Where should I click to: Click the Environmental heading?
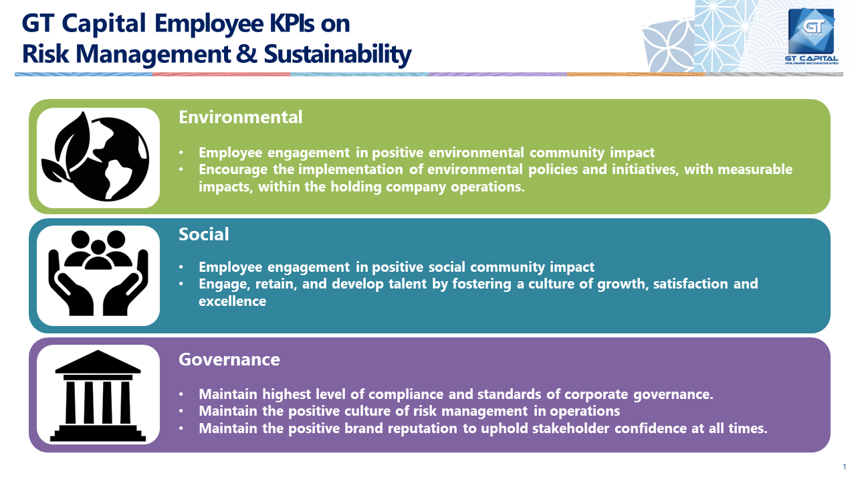click(x=240, y=117)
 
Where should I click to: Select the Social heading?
click(x=204, y=234)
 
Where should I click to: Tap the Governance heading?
click(x=229, y=359)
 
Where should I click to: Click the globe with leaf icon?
click(x=95, y=156)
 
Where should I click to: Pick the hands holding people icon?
click(x=98, y=273)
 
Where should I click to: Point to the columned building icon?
click(x=98, y=396)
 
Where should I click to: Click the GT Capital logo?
click(x=812, y=36)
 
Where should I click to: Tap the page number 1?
click(x=845, y=467)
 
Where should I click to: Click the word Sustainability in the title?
click(x=338, y=54)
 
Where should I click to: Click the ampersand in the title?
click(x=247, y=54)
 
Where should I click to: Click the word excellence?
click(x=232, y=301)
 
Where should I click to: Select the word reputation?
click(x=422, y=428)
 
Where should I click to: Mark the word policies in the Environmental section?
click(x=553, y=169)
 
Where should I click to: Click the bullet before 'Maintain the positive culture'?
click(x=181, y=411)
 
